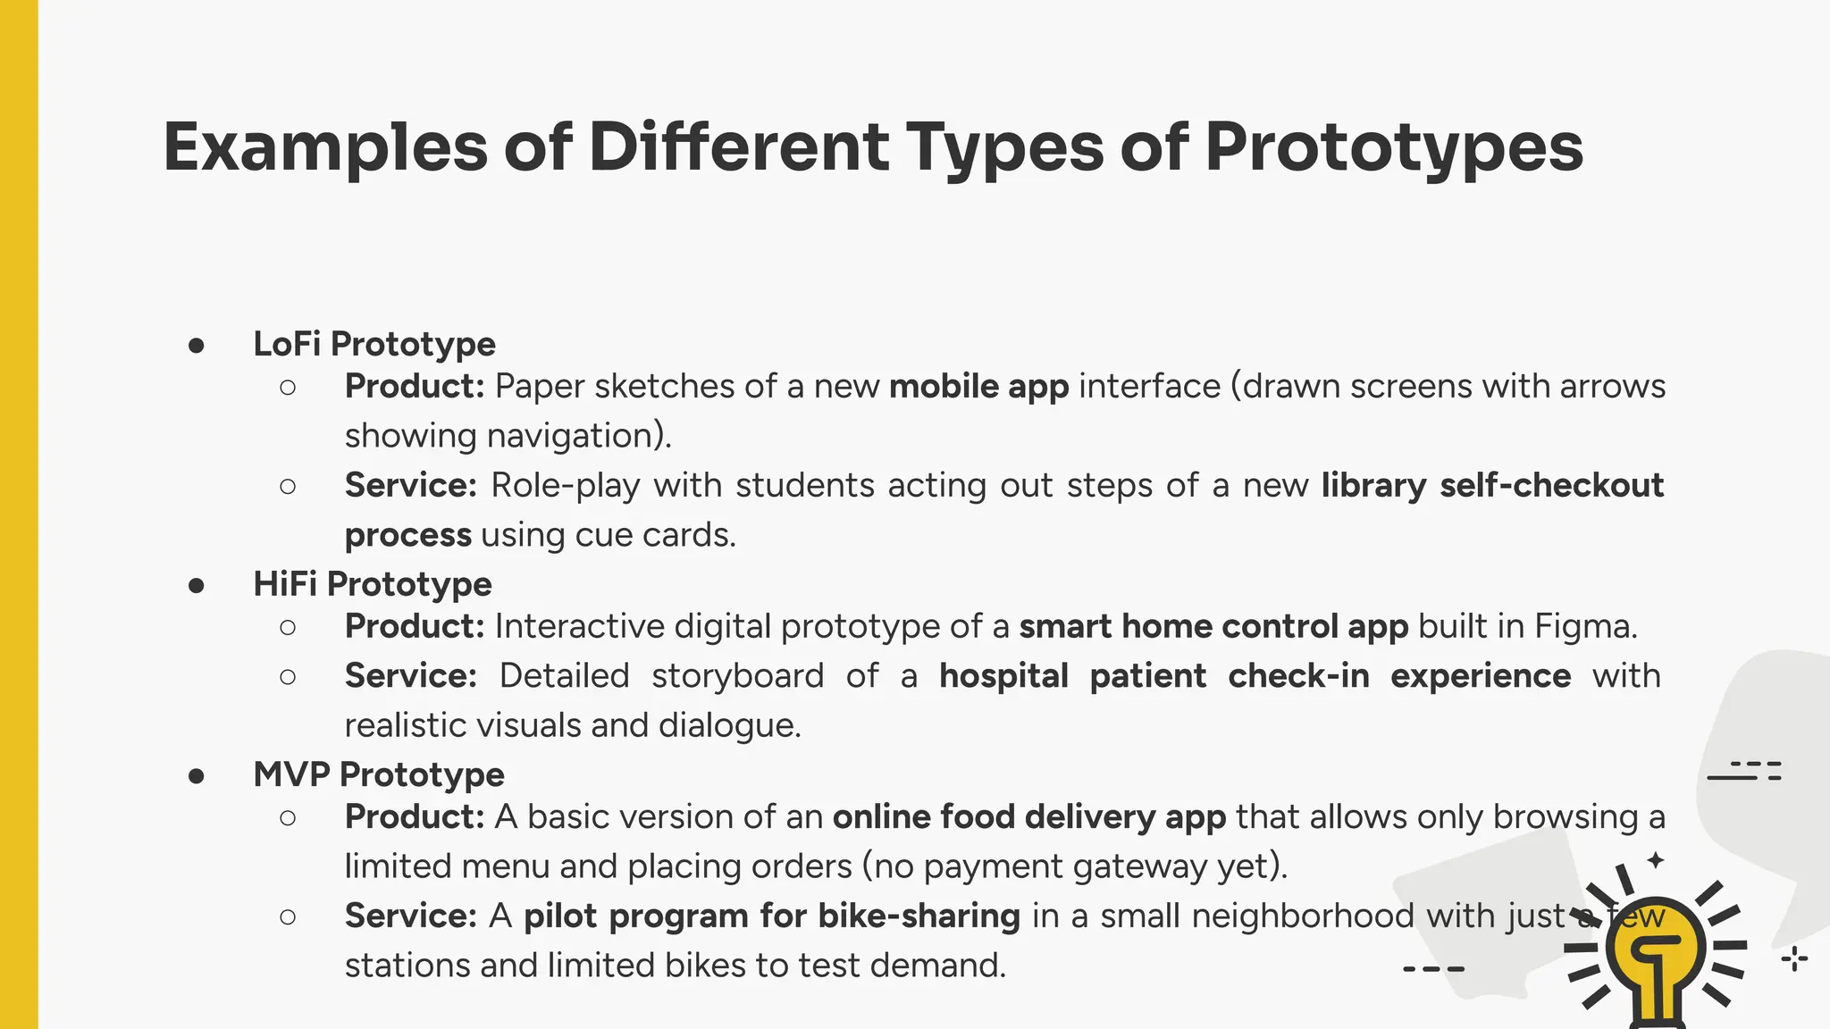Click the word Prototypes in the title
pyautogui.click(x=1394, y=147)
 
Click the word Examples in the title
pyautogui.click(x=325, y=147)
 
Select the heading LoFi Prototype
pyautogui.click(x=374, y=344)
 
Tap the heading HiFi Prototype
pyautogui.click(x=372, y=584)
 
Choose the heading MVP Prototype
pyautogui.click(x=378, y=774)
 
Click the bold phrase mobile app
pyautogui.click(x=978, y=387)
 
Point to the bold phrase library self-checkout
pyautogui.click(x=1492, y=485)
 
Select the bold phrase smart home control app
pyautogui.click(x=1213, y=626)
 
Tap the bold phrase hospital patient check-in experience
pyautogui.click(x=1255, y=676)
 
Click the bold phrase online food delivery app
pyautogui.click(x=1028, y=817)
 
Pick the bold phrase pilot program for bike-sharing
pyautogui.click(x=771, y=916)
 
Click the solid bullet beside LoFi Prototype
pyautogui.click(x=197, y=346)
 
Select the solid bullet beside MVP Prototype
pyautogui.click(x=197, y=776)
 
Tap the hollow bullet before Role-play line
pyautogui.click(x=288, y=487)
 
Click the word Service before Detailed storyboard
pyautogui.click(x=410, y=676)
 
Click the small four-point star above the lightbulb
pyautogui.click(x=1656, y=860)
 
